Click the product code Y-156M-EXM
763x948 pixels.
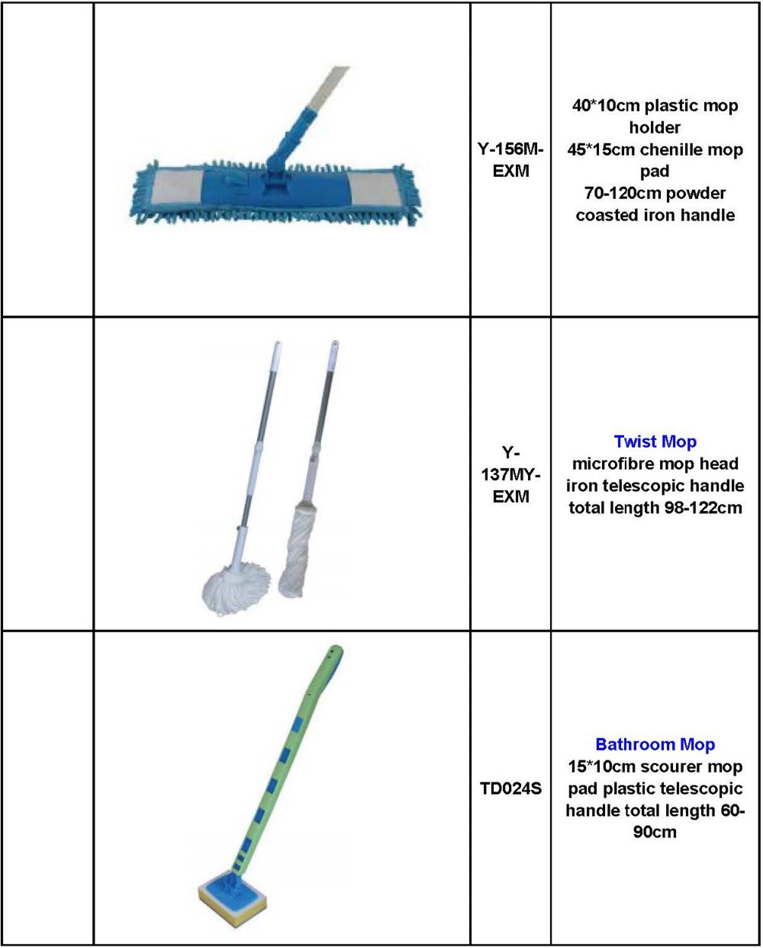[x=510, y=160]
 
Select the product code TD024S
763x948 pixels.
[x=510, y=789]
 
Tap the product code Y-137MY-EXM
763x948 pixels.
[x=510, y=474]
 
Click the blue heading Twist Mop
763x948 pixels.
[x=655, y=442]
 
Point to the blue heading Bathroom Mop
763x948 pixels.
[x=655, y=744]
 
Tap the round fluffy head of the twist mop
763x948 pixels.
[x=237, y=588]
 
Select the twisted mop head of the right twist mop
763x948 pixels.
[x=296, y=551]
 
